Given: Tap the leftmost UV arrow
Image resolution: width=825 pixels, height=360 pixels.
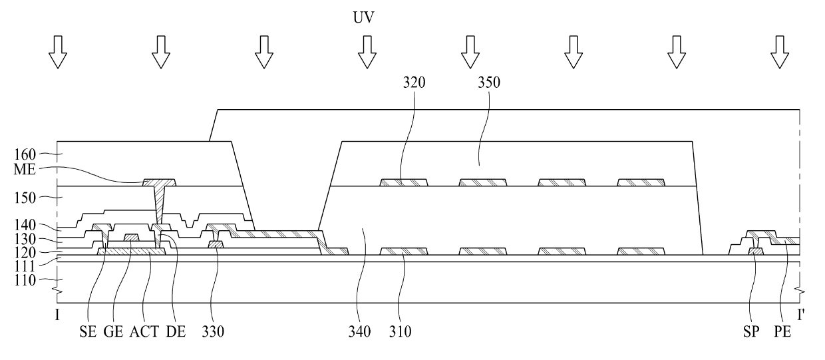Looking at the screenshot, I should point(59,53).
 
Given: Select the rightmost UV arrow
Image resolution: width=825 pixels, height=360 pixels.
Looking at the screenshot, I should point(778,53).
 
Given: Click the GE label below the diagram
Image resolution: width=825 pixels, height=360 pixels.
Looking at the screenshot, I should point(113,330).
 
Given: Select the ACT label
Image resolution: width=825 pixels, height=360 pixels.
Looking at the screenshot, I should point(142,330).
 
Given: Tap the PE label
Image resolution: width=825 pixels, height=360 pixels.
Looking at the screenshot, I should point(782,330).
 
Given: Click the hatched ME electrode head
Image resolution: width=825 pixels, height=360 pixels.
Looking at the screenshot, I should point(160,182).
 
